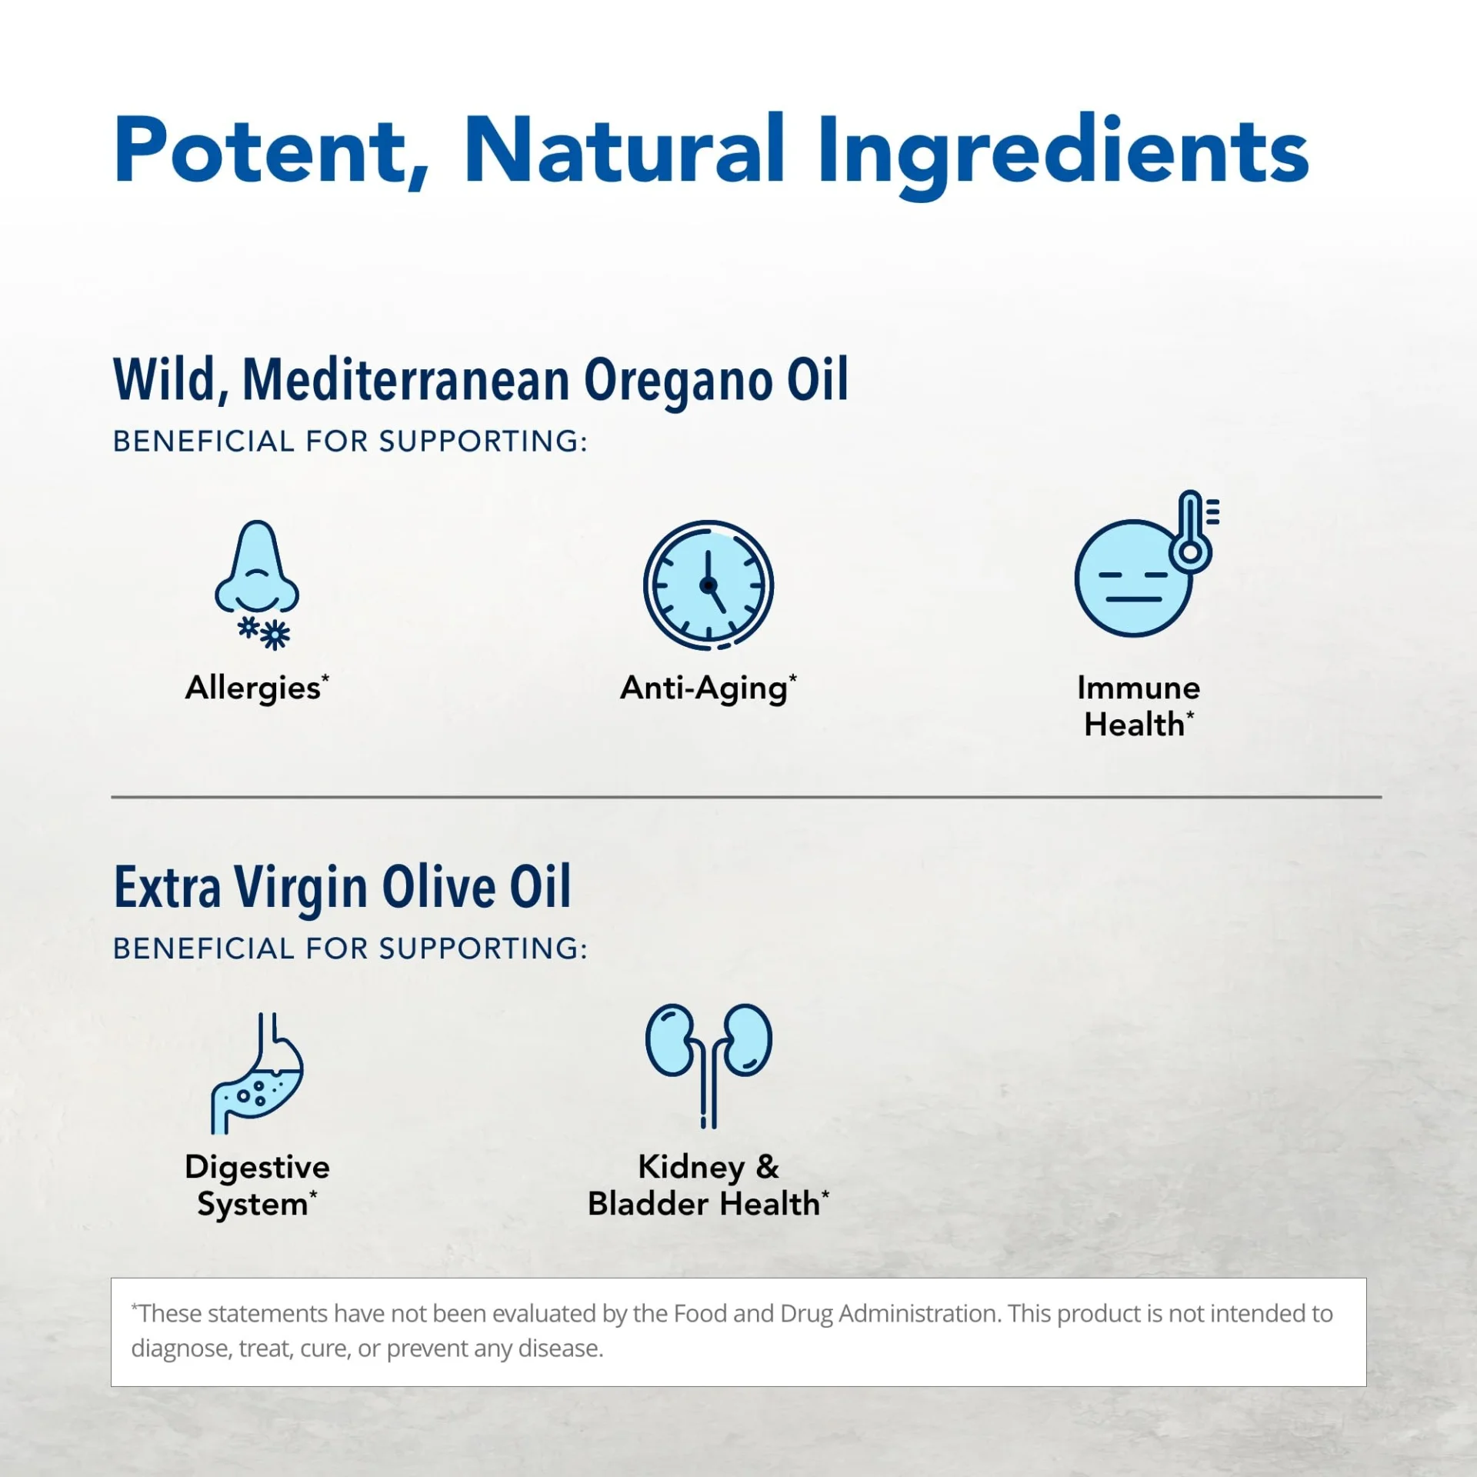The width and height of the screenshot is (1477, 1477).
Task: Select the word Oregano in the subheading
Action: (678, 381)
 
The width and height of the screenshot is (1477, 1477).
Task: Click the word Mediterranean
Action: (405, 379)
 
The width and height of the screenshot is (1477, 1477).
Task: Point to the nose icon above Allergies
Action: (257, 567)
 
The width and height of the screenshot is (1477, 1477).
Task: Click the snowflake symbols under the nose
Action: (264, 633)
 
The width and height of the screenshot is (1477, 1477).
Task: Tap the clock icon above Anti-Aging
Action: (708, 585)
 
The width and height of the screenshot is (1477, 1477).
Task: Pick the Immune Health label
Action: (1139, 706)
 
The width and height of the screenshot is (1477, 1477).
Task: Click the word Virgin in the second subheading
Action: (301, 889)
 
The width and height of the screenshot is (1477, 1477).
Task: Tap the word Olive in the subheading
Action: (439, 886)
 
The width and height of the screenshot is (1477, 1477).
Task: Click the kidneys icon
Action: (708, 1065)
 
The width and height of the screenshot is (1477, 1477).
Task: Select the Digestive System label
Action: (258, 1185)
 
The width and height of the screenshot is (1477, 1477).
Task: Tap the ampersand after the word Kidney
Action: (768, 1167)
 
